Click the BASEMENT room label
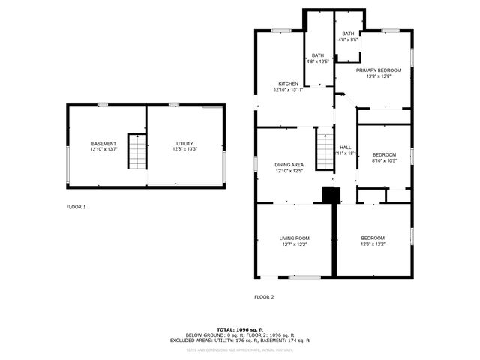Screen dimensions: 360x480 click(x=103, y=143)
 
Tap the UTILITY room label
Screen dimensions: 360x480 click(x=184, y=143)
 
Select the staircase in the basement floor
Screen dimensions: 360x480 click(x=136, y=152)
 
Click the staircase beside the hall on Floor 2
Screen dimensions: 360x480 click(x=323, y=148)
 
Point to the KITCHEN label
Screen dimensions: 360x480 click(x=288, y=83)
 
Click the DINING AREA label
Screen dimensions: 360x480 click(x=288, y=164)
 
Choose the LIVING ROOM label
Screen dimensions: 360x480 click(x=295, y=238)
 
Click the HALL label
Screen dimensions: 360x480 click(x=346, y=148)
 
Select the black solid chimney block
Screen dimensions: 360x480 click(x=331, y=195)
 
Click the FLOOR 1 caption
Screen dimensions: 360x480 click(x=76, y=207)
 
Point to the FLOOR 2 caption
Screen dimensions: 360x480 click(x=264, y=297)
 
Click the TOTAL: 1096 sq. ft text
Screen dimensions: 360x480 click(x=240, y=328)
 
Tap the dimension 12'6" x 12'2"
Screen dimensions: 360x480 click(x=373, y=244)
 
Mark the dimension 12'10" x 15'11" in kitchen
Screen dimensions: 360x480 click(x=288, y=90)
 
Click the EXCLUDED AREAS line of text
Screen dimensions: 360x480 click(x=240, y=340)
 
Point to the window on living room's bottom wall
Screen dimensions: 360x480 click(x=304, y=277)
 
